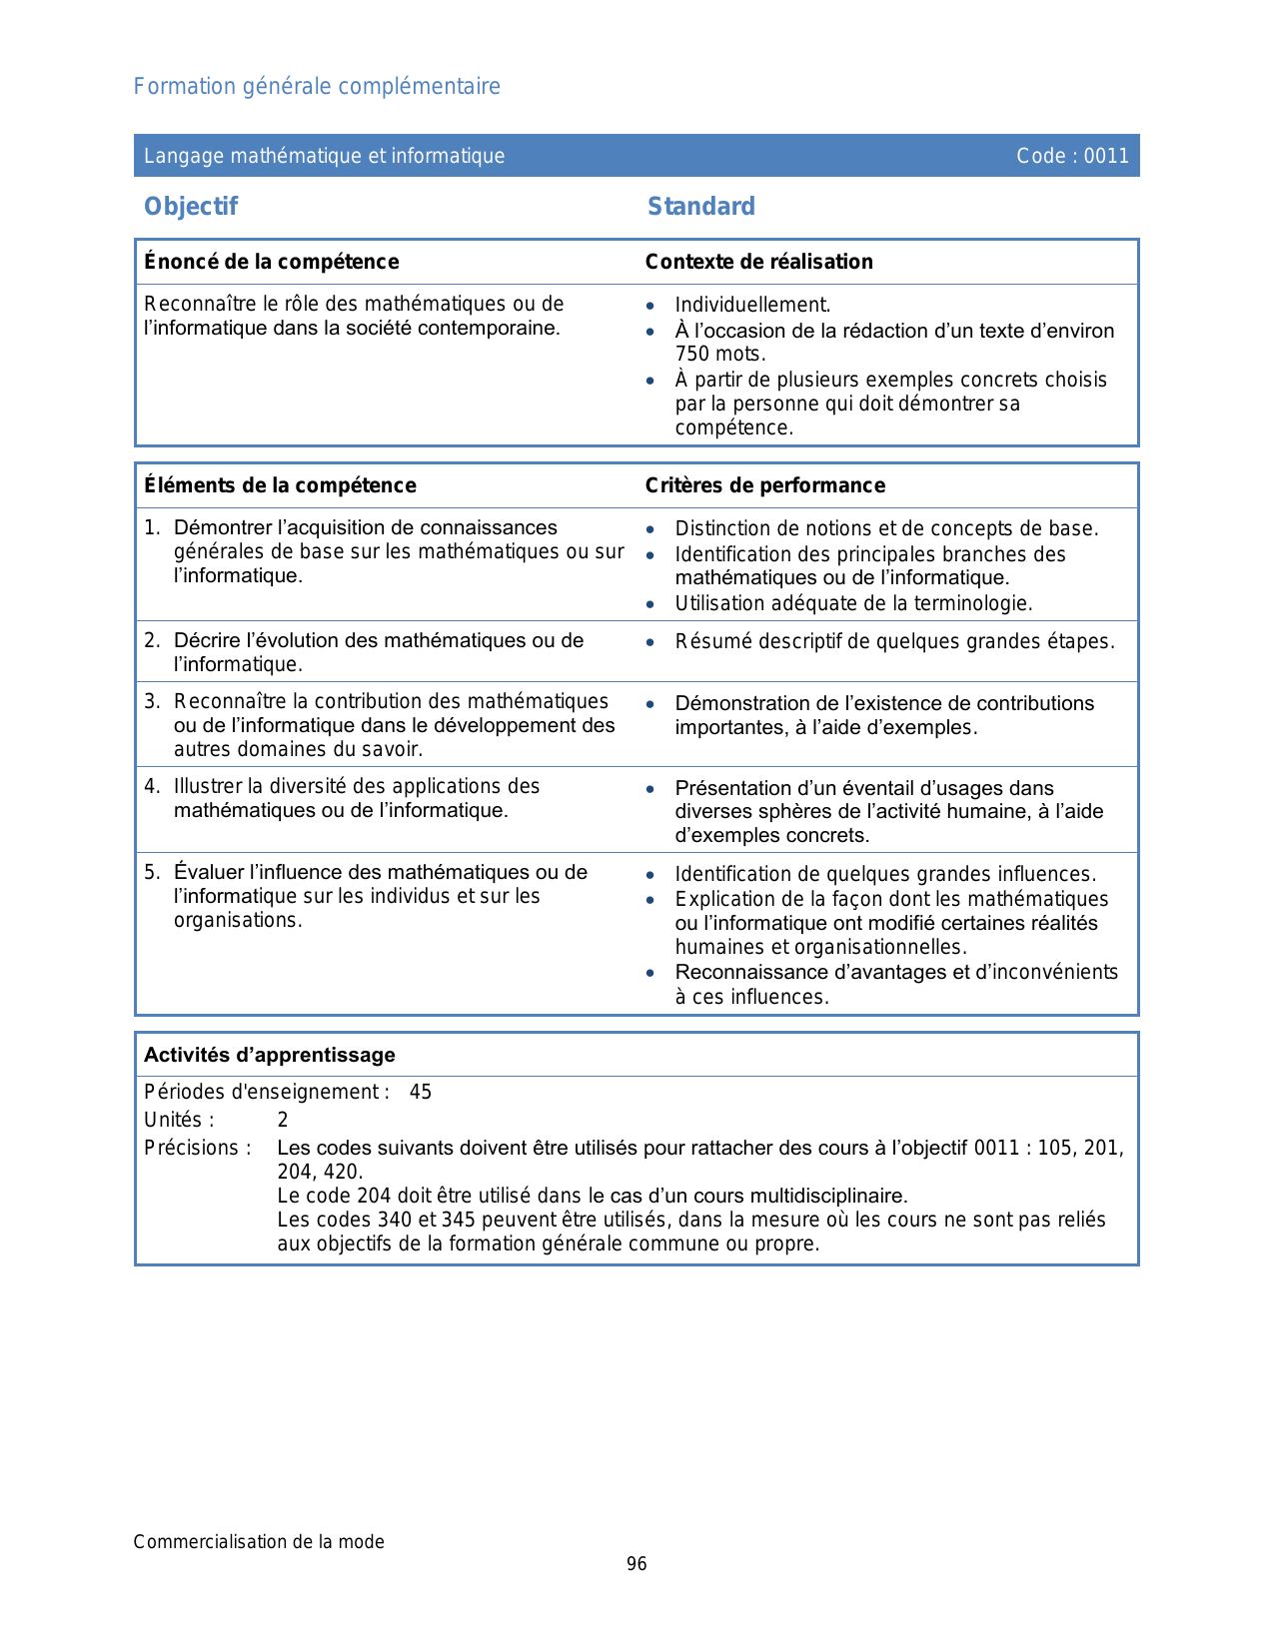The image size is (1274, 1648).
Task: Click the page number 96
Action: coord(637,1564)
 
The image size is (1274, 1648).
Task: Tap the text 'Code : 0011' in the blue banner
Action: coord(1072,156)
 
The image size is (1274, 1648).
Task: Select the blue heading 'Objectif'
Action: coord(191,207)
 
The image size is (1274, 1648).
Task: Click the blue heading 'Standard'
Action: coord(700,207)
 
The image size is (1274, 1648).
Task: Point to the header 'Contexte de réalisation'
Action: coord(758,262)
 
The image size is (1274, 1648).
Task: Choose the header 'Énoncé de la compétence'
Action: coord(271,262)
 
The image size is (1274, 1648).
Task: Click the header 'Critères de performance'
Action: coord(764,485)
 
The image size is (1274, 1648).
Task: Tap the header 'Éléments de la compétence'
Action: coord(280,485)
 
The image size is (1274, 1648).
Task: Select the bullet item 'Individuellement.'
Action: coord(752,306)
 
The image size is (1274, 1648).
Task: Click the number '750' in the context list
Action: coord(692,355)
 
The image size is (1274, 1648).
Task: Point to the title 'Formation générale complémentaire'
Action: coord(317,87)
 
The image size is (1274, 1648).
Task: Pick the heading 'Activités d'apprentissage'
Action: coord(270,1056)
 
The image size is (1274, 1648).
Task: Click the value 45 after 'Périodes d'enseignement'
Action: coord(421,1093)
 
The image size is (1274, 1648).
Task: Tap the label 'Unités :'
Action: coord(179,1121)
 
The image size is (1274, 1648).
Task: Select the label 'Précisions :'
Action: coord(198,1149)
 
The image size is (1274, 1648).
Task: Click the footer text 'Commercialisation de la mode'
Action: coord(259,1542)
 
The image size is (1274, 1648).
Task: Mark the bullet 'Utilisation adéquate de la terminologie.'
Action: coord(853,603)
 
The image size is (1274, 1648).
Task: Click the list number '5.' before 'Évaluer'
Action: coord(152,873)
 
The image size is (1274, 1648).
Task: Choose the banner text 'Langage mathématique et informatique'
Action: coord(324,156)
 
